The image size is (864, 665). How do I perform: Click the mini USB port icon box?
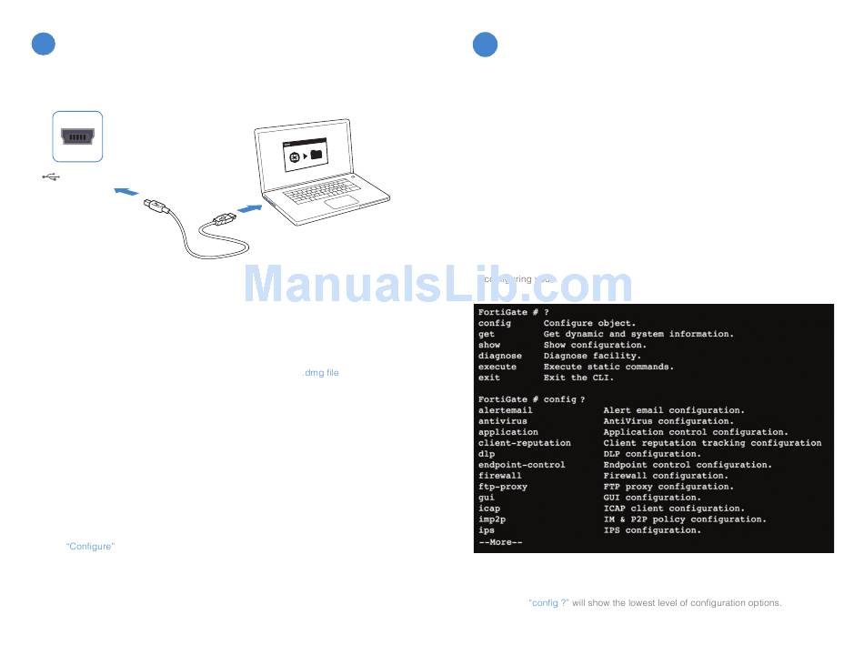77,136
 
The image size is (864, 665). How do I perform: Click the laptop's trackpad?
340,200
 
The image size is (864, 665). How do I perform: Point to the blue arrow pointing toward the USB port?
127,191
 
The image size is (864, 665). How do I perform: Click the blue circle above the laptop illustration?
44,44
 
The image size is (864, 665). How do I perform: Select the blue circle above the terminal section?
485,44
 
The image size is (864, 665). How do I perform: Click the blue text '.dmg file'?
319,373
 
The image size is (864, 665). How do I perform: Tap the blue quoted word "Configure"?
90,546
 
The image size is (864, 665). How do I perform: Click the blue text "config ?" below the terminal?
548,603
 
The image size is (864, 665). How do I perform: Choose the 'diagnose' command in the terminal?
500,356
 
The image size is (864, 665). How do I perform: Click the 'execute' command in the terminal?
497,367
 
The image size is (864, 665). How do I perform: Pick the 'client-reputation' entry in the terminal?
525,443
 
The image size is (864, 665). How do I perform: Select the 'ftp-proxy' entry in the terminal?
503,487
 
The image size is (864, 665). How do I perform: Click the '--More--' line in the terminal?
500,542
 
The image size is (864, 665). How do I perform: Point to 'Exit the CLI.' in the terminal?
578,378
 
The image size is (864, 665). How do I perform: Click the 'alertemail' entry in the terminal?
506,410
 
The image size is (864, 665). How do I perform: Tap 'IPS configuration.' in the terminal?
652,530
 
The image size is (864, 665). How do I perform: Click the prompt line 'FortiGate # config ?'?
531,399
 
